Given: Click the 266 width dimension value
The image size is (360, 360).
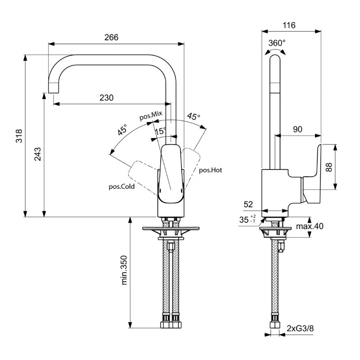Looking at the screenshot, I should click(x=111, y=37).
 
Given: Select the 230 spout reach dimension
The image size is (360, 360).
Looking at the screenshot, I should click(x=106, y=98).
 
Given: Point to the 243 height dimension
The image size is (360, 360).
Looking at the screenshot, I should click(x=38, y=154).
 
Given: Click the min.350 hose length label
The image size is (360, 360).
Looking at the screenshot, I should click(x=125, y=270).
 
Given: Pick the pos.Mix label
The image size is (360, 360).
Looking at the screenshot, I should click(x=150, y=116).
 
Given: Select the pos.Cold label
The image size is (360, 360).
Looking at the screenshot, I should click(x=121, y=186).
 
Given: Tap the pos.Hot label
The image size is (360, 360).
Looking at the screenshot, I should click(x=211, y=170).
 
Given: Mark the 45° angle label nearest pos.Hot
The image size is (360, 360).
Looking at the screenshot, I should click(x=193, y=117).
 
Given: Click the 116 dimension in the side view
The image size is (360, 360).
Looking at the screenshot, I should click(x=289, y=26).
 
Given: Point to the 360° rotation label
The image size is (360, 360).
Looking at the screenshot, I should click(x=277, y=43).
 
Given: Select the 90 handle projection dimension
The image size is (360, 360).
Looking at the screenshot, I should click(x=297, y=129).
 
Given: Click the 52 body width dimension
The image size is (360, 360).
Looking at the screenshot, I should click(x=248, y=204).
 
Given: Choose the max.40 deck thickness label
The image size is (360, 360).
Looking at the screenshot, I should click(x=310, y=226).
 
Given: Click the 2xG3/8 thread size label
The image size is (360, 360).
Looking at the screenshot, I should click(x=299, y=328).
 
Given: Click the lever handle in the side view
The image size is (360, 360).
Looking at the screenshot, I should click(x=313, y=175).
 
